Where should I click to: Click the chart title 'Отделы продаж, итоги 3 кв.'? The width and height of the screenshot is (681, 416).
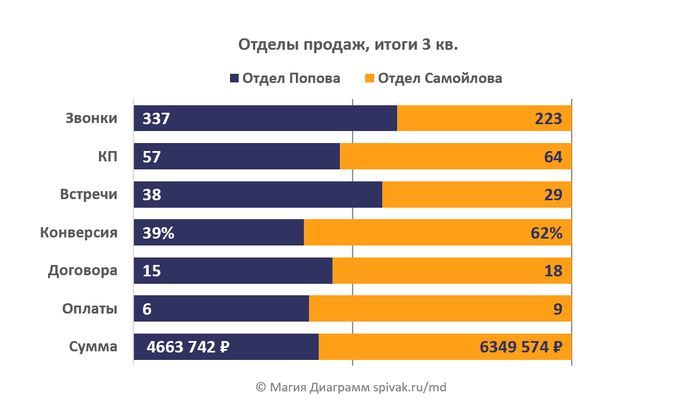(348, 45)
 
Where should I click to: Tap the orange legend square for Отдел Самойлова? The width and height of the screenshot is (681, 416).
(370, 78)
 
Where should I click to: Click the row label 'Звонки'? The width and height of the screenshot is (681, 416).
(92, 118)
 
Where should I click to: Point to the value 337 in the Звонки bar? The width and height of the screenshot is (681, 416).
(156, 118)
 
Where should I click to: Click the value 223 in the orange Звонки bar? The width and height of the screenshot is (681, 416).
(548, 118)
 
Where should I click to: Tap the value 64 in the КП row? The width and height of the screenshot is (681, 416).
(553, 156)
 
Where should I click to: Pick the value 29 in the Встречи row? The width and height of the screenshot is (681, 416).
(553, 195)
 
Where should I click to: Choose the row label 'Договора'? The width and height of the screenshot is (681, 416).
(82, 270)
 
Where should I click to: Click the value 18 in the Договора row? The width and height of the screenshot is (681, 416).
(553, 270)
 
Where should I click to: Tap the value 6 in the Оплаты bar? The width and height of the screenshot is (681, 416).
(147, 308)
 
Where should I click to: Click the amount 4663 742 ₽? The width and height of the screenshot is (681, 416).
(188, 346)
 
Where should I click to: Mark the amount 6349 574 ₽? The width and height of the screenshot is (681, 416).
(520, 346)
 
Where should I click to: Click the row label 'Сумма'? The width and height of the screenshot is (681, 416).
(93, 346)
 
